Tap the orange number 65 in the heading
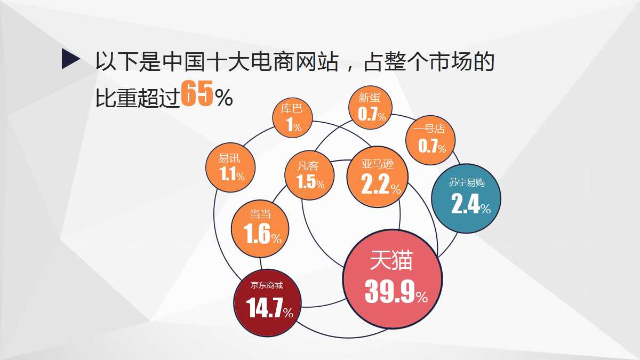(197, 94)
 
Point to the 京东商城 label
(267, 285)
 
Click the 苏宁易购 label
(466, 182)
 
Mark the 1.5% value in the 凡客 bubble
(311, 183)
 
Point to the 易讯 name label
(230, 158)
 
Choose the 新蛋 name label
(369, 98)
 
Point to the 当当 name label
(260, 214)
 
